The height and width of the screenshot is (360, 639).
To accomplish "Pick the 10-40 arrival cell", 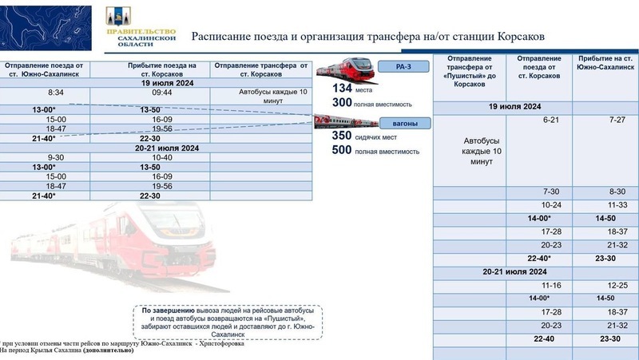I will pyautogui.click(x=161, y=157).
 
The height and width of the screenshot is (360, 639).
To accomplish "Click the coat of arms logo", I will pyautogui.click(x=113, y=17).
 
